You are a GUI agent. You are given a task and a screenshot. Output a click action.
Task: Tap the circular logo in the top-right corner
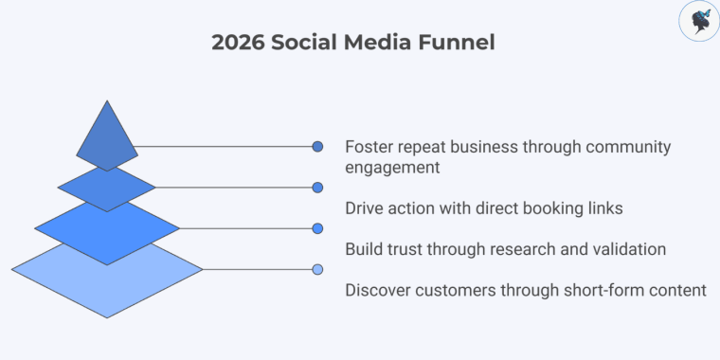pyautogui.click(x=699, y=22)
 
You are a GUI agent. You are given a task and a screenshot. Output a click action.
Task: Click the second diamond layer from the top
pyautogui.click(x=107, y=187)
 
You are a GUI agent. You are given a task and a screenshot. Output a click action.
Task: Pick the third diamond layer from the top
pyautogui.click(x=107, y=228)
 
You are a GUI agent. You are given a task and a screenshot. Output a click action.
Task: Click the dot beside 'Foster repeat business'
pyautogui.click(x=318, y=147)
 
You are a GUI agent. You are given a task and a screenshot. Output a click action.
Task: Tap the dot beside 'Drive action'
pyautogui.click(x=318, y=188)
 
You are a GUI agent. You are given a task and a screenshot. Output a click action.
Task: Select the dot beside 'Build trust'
pyautogui.click(x=318, y=228)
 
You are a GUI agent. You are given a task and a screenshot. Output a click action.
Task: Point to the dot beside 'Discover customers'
pyautogui.click(x=318, y=269)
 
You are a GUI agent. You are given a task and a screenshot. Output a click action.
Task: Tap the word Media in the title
pyautogui.click(x=383, y=44)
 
